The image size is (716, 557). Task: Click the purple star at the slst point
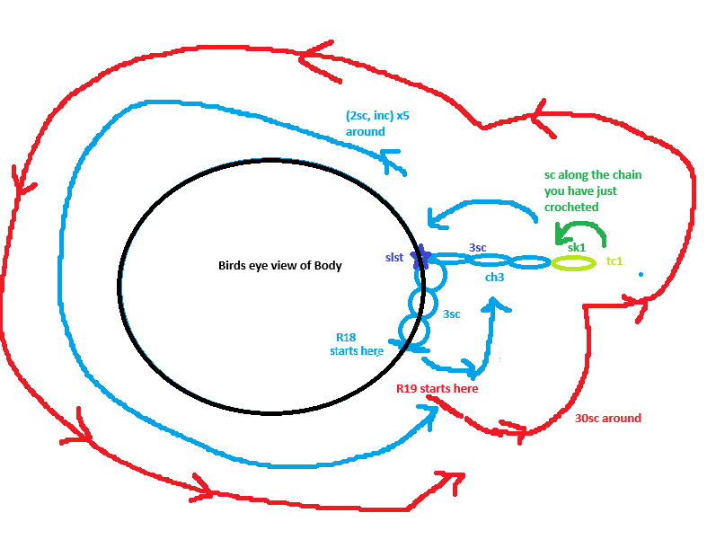click(x=420, y=258)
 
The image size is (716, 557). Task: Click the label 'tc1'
click(x=614, y=261)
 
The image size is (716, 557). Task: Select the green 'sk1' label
click(x=576, y=248)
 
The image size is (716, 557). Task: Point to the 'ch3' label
click(x=494, y=277)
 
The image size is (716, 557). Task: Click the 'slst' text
click(x=394, y=258)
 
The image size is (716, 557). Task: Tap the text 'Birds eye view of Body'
click(x=280, y=266)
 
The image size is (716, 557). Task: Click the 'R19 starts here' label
click(x=437, y=388)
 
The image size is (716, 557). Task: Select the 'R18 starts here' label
click(x=357, y=344)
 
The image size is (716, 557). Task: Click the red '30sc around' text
click(x=608, y=419)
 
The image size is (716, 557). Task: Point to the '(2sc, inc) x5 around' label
click(x=377, y=123)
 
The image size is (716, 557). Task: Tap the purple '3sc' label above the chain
click(x=478, y=247)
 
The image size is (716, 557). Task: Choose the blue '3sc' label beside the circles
click(x=452, y=314)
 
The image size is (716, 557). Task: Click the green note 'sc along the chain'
click(x=593, y=175)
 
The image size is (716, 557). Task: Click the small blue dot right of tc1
click(x=641, y=274)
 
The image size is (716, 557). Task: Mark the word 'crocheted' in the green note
click(x=571, y=208)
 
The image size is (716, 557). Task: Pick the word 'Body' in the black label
click(x=328, y=266)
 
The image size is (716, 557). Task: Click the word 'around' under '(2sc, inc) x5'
click(x=366, y=132)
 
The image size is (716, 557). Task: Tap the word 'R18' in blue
click(x=346, y=338)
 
